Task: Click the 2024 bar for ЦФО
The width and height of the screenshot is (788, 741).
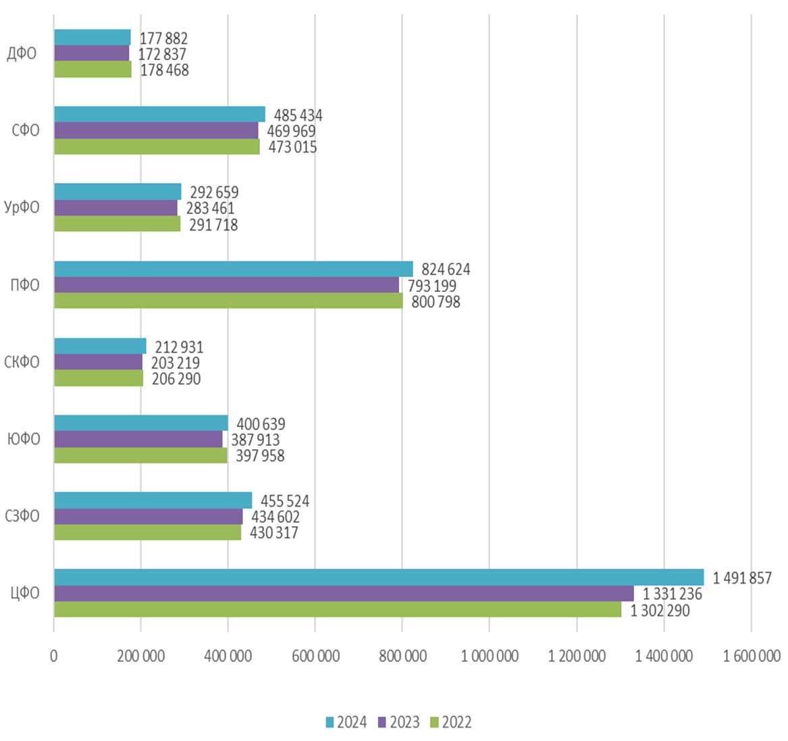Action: (378, 578)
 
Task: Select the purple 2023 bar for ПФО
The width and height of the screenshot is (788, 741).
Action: (226, 285)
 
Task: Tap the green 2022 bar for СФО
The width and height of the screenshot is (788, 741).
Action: (157, 147)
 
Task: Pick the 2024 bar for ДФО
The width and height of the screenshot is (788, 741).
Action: (92, 38)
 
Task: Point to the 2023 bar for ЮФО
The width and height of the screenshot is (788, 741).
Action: (138, 439)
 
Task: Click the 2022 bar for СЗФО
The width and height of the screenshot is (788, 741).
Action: (147, 532)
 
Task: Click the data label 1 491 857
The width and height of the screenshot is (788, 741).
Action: (741, 578)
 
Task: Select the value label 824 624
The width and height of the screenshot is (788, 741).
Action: (446, 270)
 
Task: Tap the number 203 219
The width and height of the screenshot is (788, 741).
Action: (175, 363)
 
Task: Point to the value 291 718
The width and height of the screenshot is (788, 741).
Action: (213, 225)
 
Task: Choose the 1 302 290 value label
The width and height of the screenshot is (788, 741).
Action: (660, 611)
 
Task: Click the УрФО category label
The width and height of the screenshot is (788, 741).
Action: (22, 208)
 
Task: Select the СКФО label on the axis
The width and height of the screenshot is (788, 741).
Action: (22, 363)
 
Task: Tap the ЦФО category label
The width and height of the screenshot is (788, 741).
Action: (25, 594)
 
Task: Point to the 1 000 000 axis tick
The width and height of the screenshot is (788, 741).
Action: (490, 656)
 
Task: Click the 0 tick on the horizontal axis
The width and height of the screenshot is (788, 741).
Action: (54, 656)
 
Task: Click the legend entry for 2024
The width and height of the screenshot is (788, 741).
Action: (346, 722)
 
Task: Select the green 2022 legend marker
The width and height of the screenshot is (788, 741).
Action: (436, 722)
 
